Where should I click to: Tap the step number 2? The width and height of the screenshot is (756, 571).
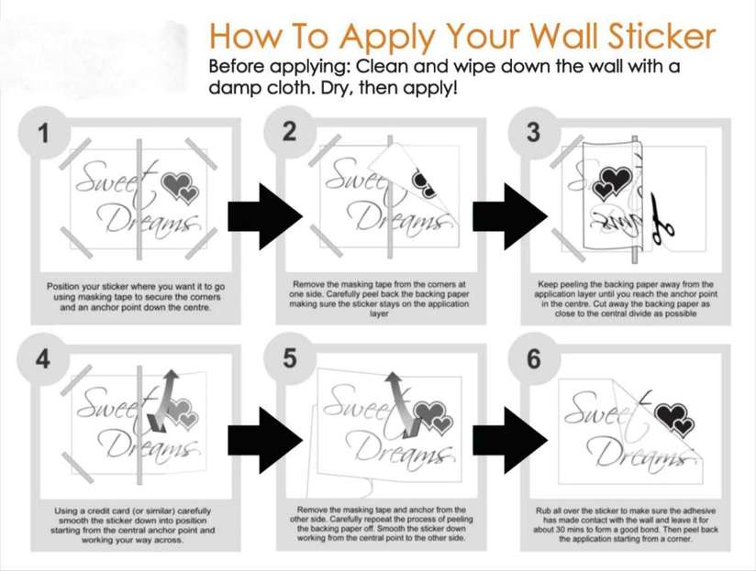pos(289,132)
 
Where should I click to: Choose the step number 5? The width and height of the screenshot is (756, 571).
pos(290,358)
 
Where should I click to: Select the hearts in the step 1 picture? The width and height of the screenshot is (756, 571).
pos(180,189)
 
